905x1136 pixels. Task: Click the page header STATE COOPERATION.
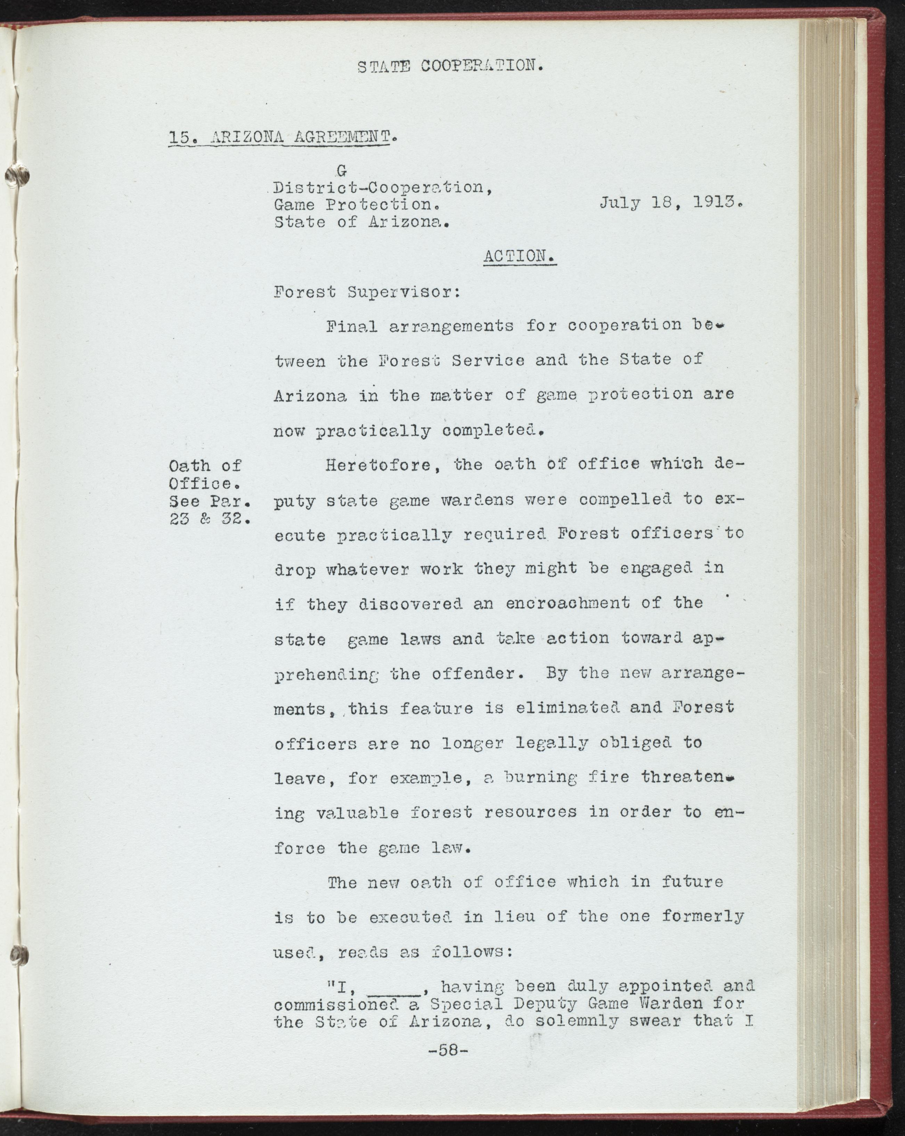[x=450, y=66]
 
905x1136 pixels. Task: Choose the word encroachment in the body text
[x=567, y=603]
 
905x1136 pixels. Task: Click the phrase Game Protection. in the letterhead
[x=357, y=204]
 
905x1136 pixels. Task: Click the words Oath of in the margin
[x=205, y=466]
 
